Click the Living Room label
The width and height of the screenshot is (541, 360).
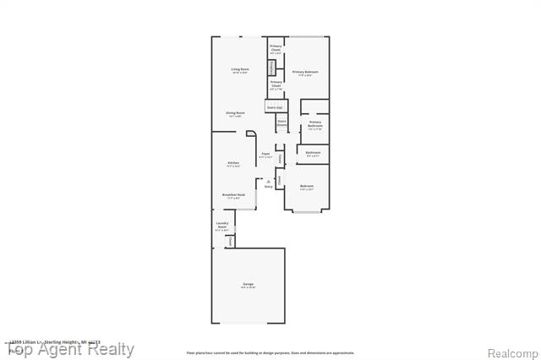[x=240, y=70]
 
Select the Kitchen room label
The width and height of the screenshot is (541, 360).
[x=232, y=163]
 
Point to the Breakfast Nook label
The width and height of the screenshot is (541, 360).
[x=233, y=195]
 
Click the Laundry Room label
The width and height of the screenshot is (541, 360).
[x=222, y=226]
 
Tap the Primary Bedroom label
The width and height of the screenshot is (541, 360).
[x=305, y=73]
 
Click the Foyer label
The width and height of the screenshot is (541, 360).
[x=265, y=155]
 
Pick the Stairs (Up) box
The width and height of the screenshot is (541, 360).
[x=275, y=107]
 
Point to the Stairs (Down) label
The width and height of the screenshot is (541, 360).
[x=282, y=123]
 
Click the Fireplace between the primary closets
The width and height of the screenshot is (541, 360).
[x=271, y=68]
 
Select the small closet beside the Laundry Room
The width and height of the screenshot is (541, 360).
[x=230, y=242]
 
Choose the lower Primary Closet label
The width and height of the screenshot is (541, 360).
[x=276, y=85]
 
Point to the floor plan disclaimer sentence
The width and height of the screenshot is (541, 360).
[x=270, y=352]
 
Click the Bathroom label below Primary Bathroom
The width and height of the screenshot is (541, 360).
[x=312, y=155]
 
